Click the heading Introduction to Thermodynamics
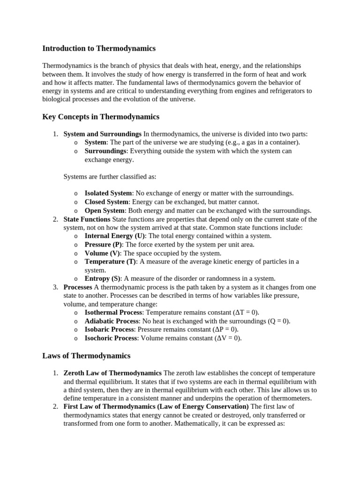coord(99,48)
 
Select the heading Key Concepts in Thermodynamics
coord(101,117)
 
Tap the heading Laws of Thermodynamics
coord(86,356)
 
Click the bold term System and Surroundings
coord(102,134)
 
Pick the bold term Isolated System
coord(108,193)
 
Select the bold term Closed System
coord(106,202)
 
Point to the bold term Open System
coord(105,210)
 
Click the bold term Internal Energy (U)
coord(115,236)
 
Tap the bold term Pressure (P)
coord(103,245)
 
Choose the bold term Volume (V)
coord(103,253)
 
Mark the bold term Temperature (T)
coord(110,262)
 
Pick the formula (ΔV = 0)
coord(228,338)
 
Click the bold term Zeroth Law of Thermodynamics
coord(112,373)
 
